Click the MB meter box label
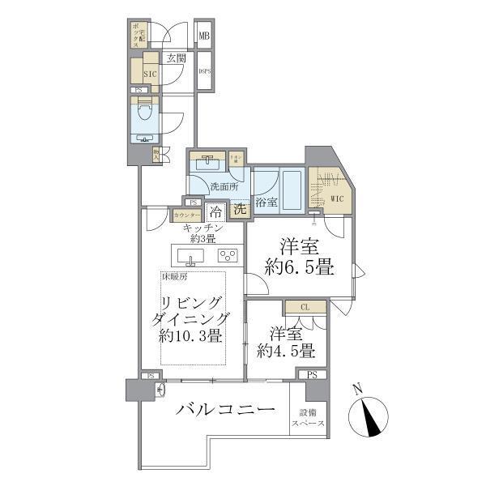(x=205, y=36)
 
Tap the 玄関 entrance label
(x=177, y=58)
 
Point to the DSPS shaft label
(x=205, y=71)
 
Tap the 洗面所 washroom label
(x=224, y=186)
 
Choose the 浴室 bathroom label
(x=266, y=202)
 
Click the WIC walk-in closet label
(x=338, y=196)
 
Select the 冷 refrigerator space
(x=216, y=211)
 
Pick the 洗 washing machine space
(x=240, y=209)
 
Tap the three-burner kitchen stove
(x=228, y=257)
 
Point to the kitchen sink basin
(x=192, y=258)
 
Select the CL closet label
(x=305, y=307)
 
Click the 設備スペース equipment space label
(x=309, y=419)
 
